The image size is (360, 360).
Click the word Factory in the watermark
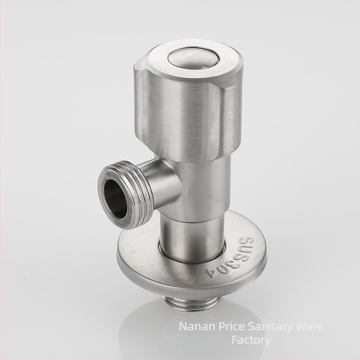(251, 341)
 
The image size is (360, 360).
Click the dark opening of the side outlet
(116, 199)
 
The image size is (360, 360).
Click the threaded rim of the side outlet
(125, 194)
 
